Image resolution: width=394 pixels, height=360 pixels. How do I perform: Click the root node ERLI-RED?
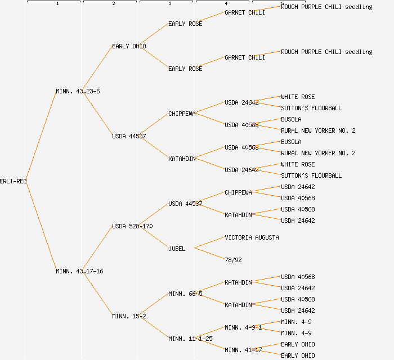13,181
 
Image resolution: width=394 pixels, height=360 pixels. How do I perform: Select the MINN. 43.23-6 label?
78,91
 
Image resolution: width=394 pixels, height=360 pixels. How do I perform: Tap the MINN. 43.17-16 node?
79,271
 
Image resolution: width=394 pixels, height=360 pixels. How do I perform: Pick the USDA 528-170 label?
132,226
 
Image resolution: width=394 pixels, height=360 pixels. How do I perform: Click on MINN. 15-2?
129,316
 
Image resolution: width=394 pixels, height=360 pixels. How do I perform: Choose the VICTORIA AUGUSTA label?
252,237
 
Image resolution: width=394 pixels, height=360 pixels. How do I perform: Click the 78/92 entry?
233,260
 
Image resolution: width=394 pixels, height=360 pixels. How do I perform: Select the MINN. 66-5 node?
185,294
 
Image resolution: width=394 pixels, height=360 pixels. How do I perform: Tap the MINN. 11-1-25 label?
190,339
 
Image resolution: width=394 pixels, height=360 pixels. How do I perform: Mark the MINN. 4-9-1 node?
243,327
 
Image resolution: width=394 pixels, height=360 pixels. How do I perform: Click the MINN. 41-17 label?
243,350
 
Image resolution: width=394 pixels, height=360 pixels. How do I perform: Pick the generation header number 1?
57,4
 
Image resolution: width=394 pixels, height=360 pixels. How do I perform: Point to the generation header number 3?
170,4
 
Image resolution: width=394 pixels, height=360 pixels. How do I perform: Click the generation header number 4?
226,4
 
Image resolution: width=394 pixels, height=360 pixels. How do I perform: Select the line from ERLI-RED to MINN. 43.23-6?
41,136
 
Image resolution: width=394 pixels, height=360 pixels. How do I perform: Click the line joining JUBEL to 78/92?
209,254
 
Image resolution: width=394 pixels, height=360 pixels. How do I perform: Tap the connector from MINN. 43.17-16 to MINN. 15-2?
97,294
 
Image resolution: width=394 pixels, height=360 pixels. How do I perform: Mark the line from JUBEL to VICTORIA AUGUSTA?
209,243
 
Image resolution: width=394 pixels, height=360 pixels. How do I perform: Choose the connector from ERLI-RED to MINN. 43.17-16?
41,226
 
